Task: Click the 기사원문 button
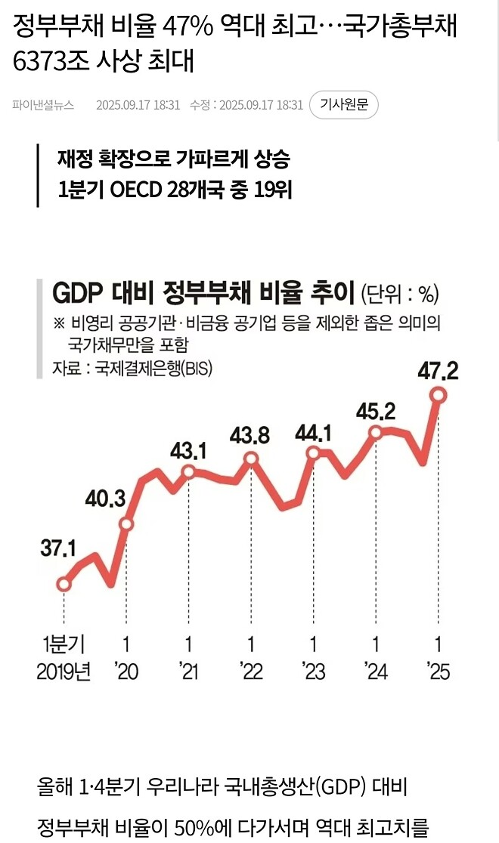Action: point(344,105)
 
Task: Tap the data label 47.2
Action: point(437,371)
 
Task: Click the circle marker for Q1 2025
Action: point(438,395)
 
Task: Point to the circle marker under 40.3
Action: point(126,524)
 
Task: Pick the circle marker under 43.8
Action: point(250,459)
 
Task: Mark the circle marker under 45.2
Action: point(376,432)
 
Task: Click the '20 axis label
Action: point(126,671)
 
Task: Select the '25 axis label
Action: point(438,671)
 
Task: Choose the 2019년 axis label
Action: point(64,671)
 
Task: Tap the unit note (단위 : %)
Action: point(399,292)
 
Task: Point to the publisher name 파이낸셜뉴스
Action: point(43,105)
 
